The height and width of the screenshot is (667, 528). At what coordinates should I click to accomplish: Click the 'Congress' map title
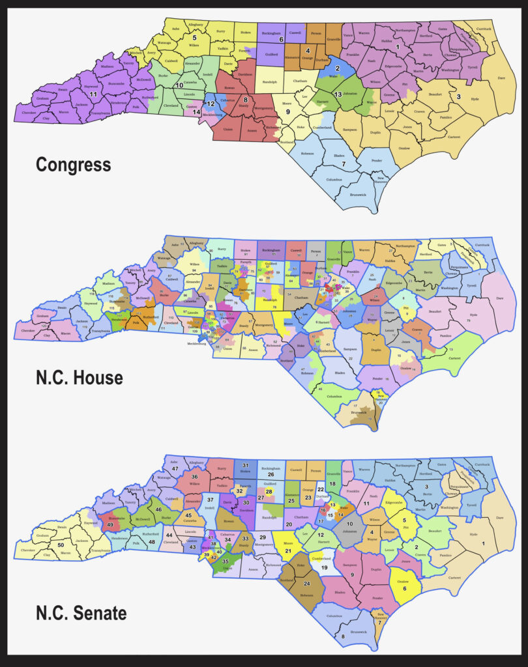point(73,164)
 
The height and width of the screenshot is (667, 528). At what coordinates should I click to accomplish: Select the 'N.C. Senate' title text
point(81,612)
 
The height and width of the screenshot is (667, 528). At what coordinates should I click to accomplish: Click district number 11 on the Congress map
point(93,95)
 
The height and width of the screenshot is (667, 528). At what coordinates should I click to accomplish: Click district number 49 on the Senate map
point(110,525)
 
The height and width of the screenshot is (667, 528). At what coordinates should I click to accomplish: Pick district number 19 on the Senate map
point(324,567)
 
